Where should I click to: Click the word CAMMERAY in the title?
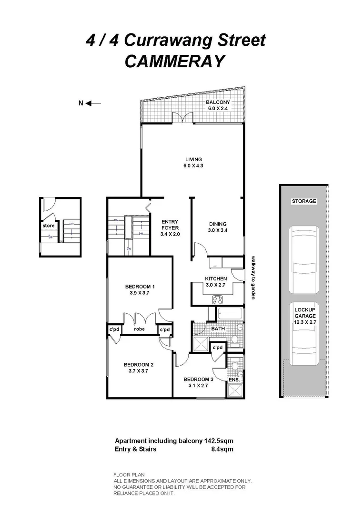(174, 62)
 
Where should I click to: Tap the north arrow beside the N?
(94, 103)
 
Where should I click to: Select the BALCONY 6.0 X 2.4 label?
(218, 105)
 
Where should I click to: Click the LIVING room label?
(194, 163)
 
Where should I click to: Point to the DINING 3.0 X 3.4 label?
(218, 227)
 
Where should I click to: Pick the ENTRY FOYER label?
(170, 227)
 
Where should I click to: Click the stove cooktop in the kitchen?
(217, 299)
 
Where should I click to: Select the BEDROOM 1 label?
(140, 289)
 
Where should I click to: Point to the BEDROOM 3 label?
(198, 382)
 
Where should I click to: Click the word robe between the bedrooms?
(139, 329)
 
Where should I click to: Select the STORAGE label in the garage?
(303, 201)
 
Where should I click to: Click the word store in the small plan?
(49, 226)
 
